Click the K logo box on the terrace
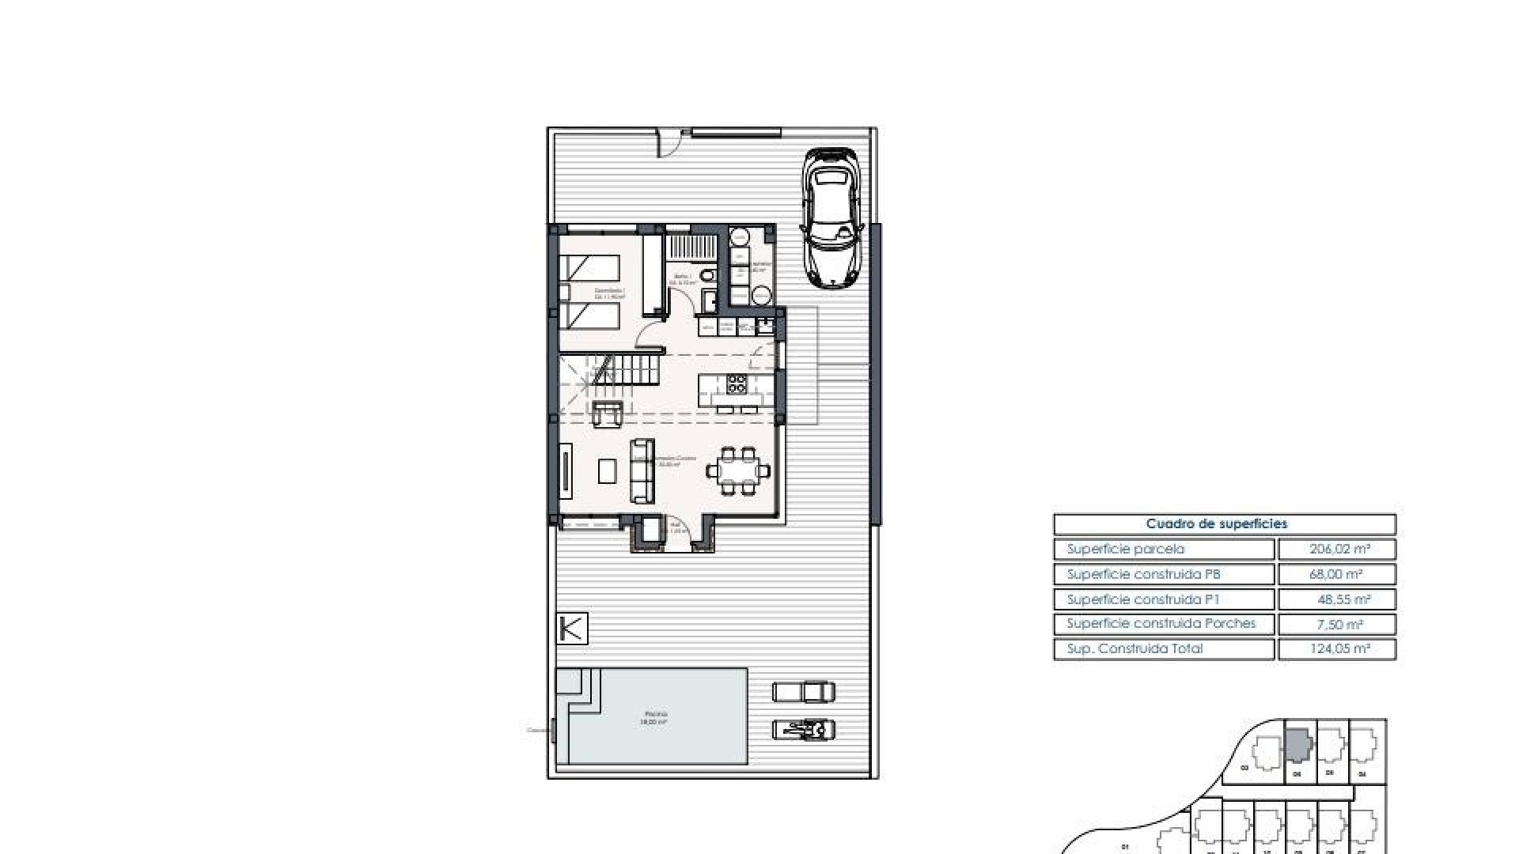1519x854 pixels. [572, 629]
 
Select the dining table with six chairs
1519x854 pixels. [738, 472]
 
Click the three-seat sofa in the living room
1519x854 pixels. [642, 471]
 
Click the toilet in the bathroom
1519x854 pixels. [709, 275]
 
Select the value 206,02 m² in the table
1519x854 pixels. [1336, 549]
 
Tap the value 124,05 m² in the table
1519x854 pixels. [1336, 649]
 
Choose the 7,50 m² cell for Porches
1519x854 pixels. [1336, 624]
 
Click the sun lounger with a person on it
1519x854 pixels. [804, 729]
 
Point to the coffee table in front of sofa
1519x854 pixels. [608, 471]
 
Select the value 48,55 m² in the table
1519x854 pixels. [1336, 599]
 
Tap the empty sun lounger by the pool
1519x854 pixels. [804, 692]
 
